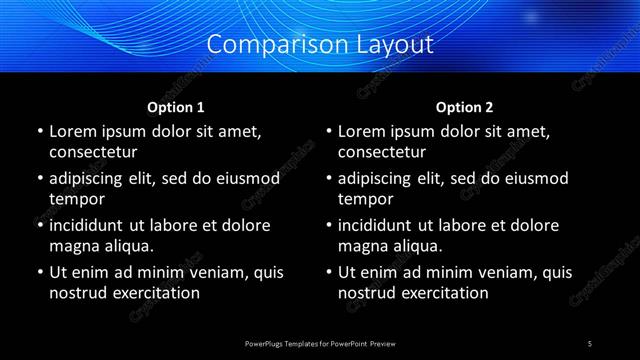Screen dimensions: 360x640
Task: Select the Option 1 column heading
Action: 176,107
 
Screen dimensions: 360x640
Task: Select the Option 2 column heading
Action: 464,107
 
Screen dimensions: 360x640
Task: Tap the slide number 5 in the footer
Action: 590,343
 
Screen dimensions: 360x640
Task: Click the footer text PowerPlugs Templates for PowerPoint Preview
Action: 320,343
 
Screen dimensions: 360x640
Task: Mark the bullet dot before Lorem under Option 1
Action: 39,132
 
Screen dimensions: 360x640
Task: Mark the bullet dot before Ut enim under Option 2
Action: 328,272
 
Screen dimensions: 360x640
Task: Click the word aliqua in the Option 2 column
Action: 416,246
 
